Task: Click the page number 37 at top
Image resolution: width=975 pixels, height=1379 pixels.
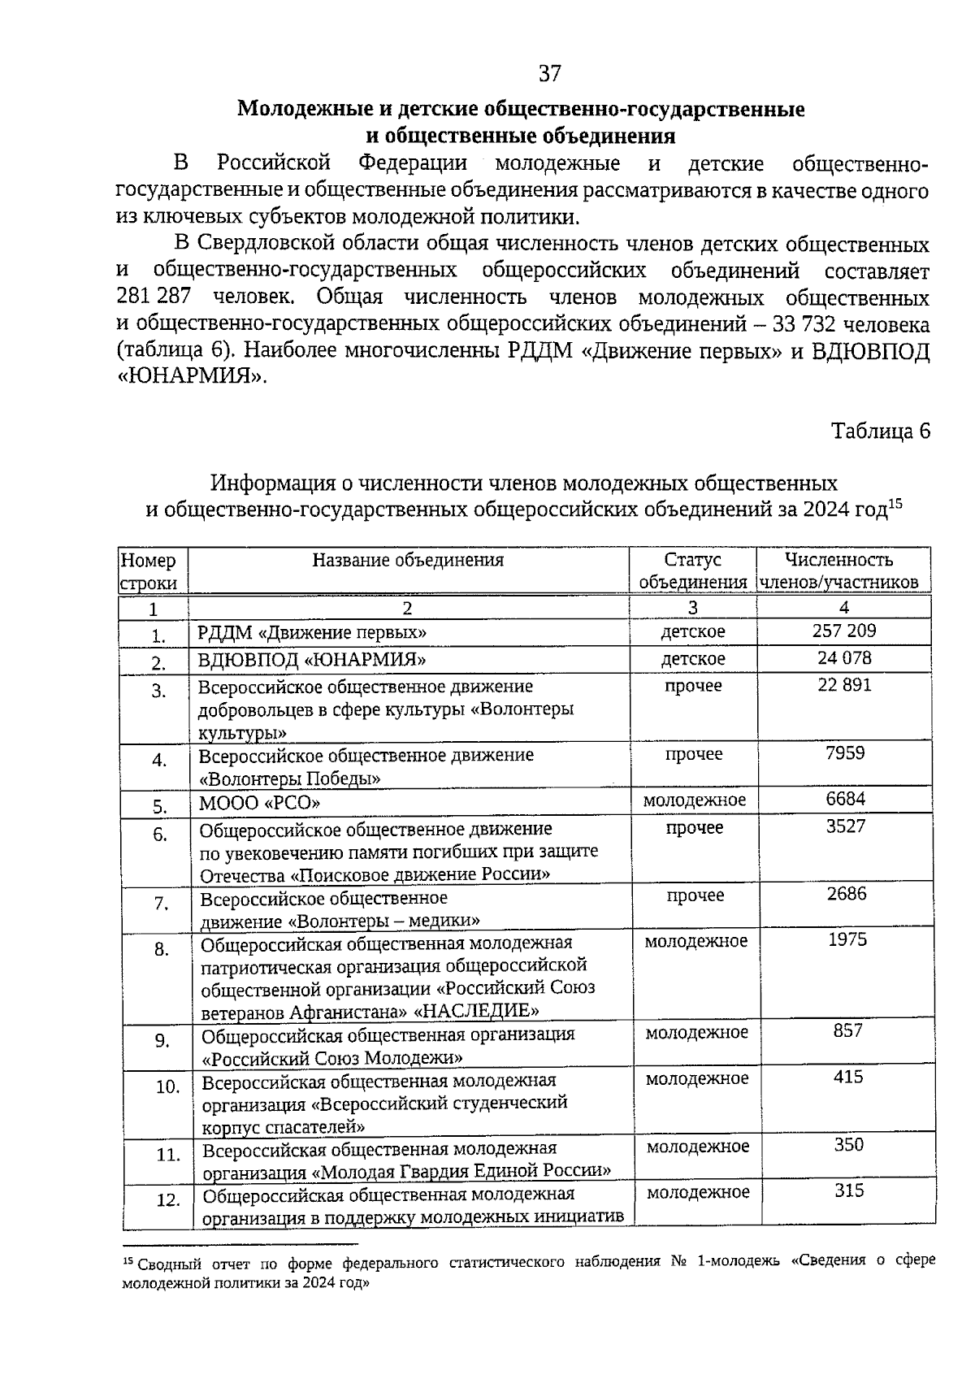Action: pyautogui.click(x=550, y=74)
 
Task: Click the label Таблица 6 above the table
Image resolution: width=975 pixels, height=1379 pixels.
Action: pyautogui.click(x=880, y=431)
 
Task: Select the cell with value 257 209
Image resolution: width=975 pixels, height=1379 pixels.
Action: pyautogui.click(x=844, y=631)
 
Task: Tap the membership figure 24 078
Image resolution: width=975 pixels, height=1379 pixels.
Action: pyautogui.click(x=844, y=657)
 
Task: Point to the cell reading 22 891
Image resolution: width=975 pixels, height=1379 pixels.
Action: pyautogui.click(x=844, y=685)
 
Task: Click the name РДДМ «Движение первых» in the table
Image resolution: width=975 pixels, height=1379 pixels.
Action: pyautogui.click(x=313, y=632)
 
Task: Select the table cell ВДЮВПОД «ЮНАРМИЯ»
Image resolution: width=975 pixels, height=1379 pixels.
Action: pyautogui.click(x=312, y=659)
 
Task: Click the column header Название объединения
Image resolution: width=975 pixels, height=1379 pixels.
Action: pyautogui.click(x=408, y=560)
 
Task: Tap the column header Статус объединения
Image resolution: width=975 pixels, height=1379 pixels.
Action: pyautogui.click(x=692, y=570)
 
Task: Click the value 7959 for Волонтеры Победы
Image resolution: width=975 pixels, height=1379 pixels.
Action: pyautogui.click(x=845, y=753)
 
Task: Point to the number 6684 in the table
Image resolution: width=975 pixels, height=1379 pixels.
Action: pyautogui.click(x=846, y=799)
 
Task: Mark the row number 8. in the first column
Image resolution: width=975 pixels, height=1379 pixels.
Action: pyautogui.click(x=161, y=949)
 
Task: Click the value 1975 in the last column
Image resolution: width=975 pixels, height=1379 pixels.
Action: pyautogui.click(x=847, y=940)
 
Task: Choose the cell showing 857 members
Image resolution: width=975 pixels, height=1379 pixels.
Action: pyautogui.click(x=847, y=1031)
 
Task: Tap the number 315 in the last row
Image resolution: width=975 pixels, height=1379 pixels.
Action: pyautogui.click(x=849, y=1191)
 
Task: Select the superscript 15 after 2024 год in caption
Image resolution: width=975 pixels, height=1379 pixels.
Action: pyautogui.click(x=895, y=503)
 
